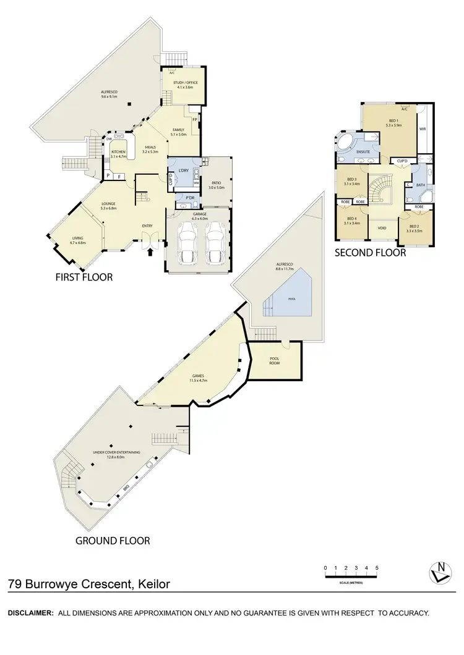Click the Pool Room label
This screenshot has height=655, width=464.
coord(274,361)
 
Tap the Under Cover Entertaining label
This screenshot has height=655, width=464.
coord(116,454)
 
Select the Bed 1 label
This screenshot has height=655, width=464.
coord(393,122)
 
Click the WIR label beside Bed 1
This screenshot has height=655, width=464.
coord(423,129)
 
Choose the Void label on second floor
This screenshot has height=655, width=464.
coord(382,227)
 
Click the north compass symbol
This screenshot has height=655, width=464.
coord(440,572)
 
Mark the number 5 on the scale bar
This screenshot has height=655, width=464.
coord(377,567)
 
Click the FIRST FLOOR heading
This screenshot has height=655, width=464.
coord(85,277)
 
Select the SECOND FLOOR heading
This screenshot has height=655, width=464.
coord(370,252)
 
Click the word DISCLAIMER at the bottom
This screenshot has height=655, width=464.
coord(30,613)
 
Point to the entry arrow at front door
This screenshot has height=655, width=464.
coord(149,251)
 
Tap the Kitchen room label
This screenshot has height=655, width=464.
coord(118,153)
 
